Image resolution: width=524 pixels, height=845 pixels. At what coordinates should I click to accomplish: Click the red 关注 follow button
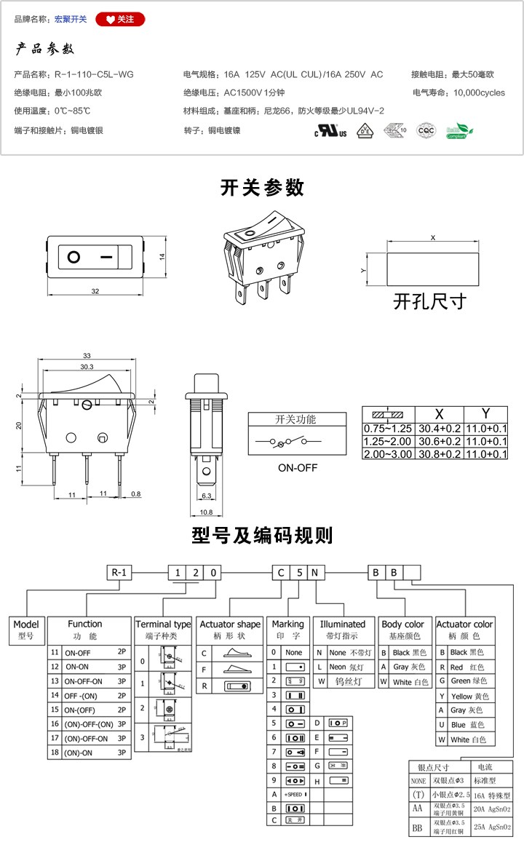point(120,20)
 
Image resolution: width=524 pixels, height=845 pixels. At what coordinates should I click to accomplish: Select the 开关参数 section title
point(262,187)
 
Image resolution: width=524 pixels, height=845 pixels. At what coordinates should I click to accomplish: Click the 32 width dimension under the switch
point(95,291)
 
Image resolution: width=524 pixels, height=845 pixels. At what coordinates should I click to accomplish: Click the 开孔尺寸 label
point(429,300)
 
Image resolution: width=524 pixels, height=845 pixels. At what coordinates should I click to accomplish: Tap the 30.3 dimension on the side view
point(87,367)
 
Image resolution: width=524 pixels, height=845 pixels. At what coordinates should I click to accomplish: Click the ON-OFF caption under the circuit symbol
point(297,468)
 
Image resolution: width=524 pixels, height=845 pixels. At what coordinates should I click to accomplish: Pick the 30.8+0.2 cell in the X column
point(438,454)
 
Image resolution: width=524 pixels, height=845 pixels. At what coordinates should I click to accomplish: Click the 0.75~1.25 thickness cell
point(388,429)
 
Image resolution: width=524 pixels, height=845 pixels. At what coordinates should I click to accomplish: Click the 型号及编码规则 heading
point(262,536)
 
